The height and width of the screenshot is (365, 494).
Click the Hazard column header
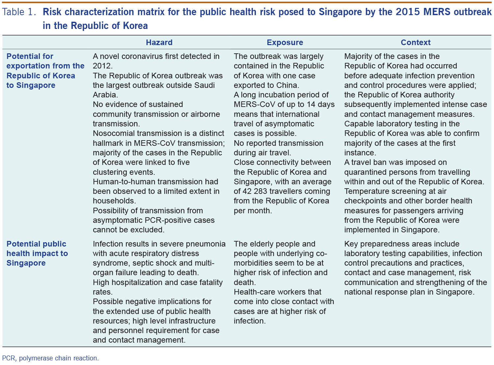[x=159, y=42]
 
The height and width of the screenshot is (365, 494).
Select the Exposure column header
[x=285, y=42]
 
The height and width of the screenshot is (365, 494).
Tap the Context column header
[x=416, y=42]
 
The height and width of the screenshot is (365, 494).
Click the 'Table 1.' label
[x=19, y=12]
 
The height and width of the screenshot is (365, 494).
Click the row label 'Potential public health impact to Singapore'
[x=37, y=253]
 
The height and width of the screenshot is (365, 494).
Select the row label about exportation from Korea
[x=45, y=71]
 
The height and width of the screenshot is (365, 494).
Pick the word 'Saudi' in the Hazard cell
[x=204, y=85]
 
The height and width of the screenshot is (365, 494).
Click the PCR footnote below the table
[x=50, y=358]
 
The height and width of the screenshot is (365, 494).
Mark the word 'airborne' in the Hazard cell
[x=205, y=114]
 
